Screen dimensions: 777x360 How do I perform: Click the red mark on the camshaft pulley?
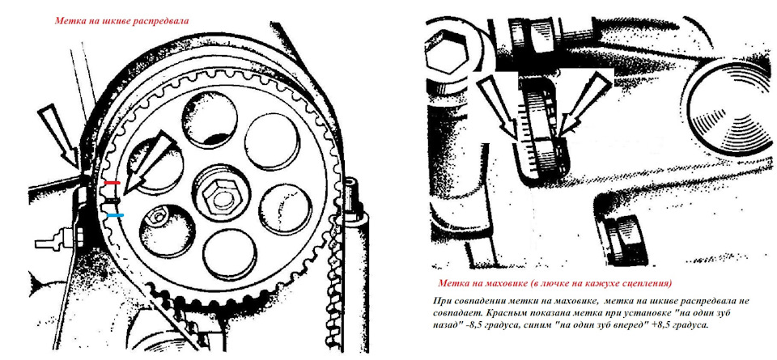(113, 183)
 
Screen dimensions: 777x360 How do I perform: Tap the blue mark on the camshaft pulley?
(116, 215)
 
